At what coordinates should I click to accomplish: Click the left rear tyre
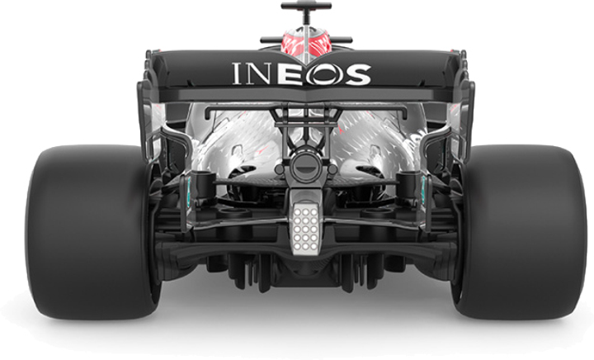(91, 231)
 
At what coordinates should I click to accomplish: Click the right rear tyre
(519, 231)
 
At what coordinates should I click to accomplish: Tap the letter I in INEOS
(236, 74)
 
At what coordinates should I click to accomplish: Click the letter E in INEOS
(290, 74)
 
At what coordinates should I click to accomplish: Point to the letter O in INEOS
(322, 74)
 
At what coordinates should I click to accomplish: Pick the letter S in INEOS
(356, 74)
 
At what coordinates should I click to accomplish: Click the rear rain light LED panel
(305, 229)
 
